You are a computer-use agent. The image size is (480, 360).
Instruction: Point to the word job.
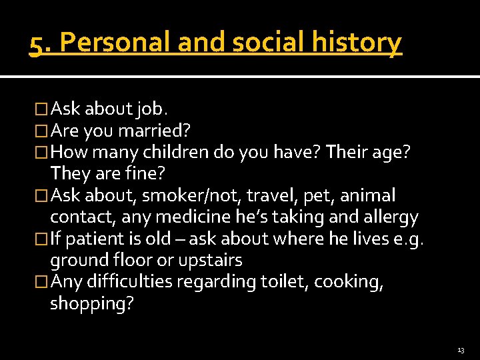(154, 109)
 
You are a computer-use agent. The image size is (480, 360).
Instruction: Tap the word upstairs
(209, 260)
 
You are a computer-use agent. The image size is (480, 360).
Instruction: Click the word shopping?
(91, 303)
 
